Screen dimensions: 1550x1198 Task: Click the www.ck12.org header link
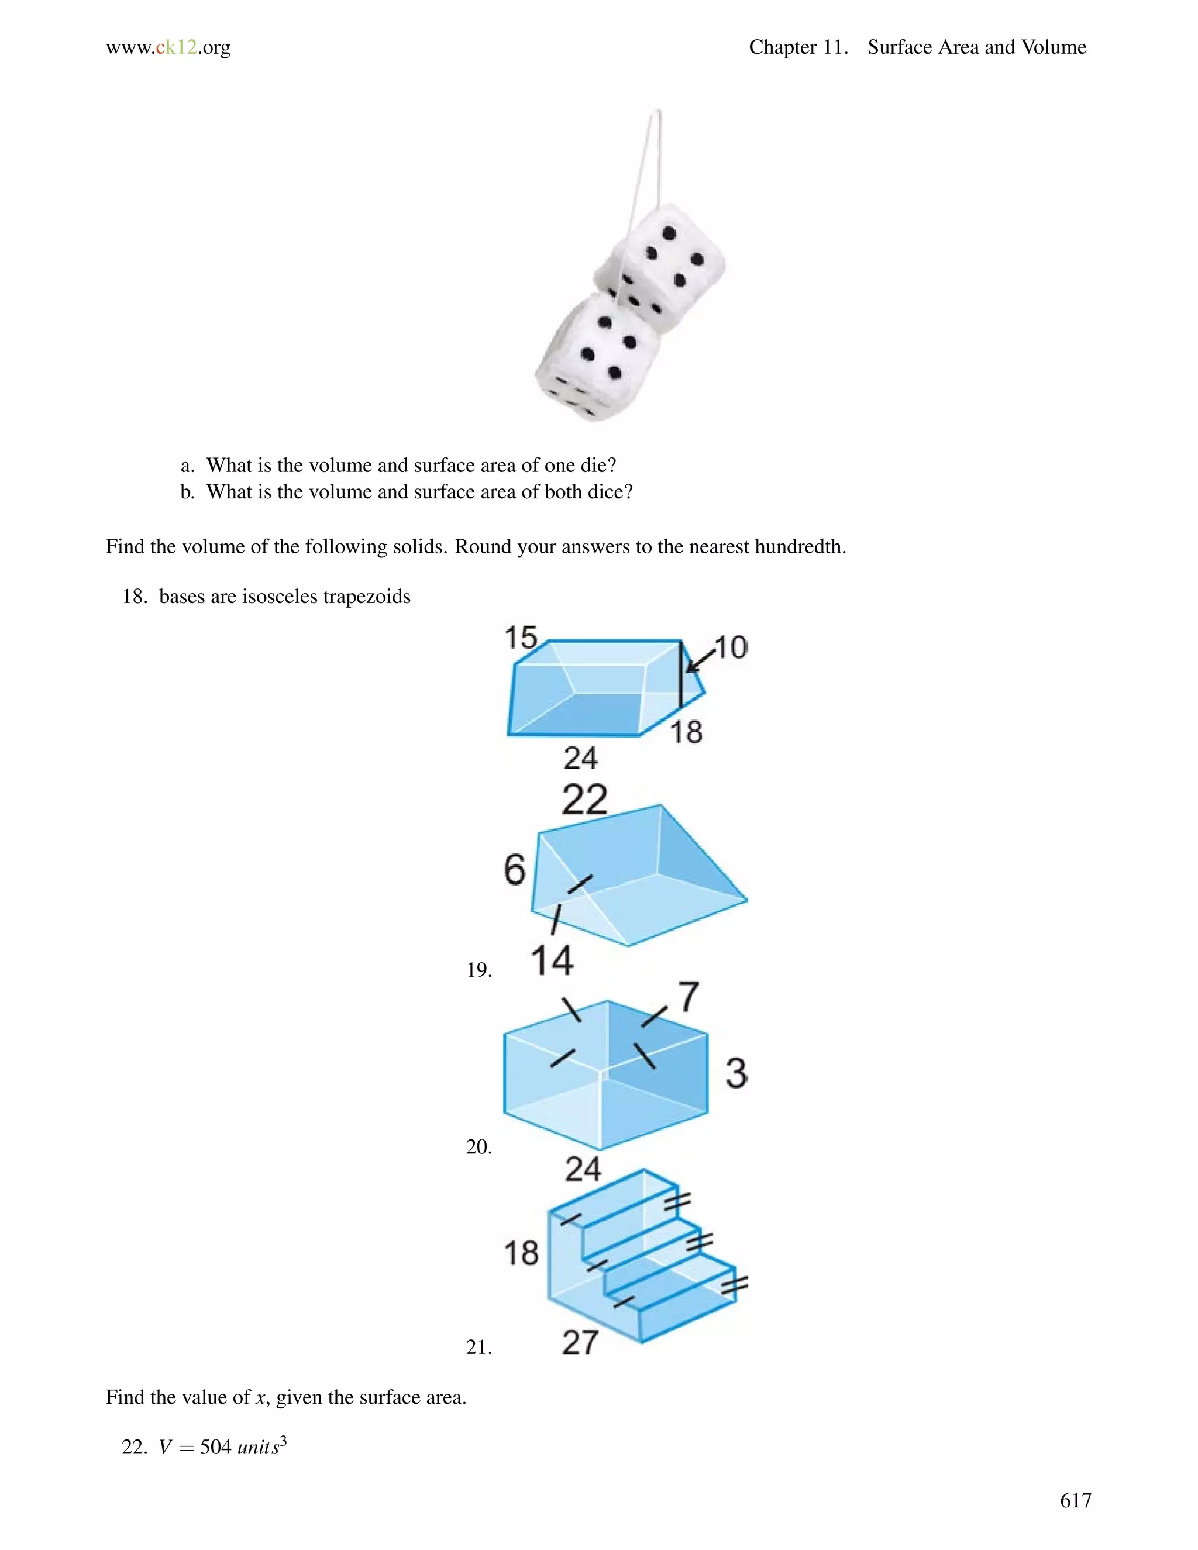(168, 47)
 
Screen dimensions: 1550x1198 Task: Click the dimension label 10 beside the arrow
(730, 647)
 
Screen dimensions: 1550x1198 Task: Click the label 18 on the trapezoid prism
(686, 732)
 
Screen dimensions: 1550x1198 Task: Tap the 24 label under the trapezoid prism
(580, 758)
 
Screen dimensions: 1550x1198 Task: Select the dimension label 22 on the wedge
(584, 800)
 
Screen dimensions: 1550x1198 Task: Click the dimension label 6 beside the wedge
(515, 870)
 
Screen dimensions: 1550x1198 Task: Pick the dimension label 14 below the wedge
(552, 960)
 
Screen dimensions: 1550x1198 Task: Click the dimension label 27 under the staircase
(580, 1342)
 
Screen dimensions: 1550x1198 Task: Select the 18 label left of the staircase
(521, 1253)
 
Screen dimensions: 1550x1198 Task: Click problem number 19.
(479, 970)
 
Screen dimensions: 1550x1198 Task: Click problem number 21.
(479, 1347)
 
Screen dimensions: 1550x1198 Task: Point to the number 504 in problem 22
(216, 1447)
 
